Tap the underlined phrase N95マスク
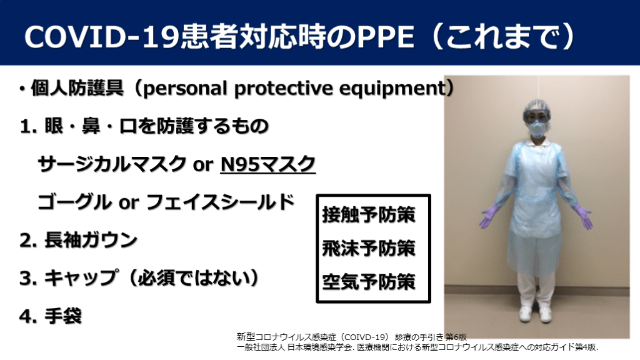click(267, 164)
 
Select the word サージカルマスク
click(112, 164)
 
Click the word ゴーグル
click(74, 202)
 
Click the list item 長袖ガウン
click(91, 240)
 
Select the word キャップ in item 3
click(82, 278)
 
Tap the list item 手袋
click(63, 316)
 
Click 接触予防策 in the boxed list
click(369, 215)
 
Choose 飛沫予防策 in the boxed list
click(369, 248)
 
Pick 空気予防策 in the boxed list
click(369, 282)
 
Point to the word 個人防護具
click(77, 87)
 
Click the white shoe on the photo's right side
click(545, 314)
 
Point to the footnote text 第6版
click(456, 337)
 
